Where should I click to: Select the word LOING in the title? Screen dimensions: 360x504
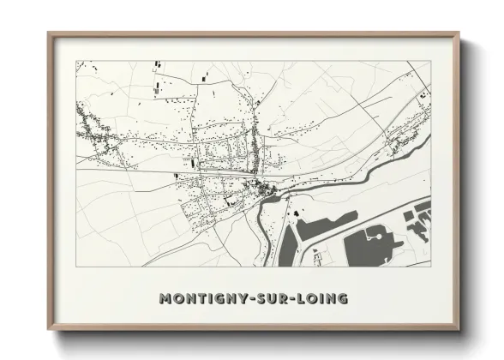coord(325,298)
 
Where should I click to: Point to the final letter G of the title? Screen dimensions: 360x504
coord(344,298)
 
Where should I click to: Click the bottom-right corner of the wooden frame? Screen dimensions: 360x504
coord(459,329)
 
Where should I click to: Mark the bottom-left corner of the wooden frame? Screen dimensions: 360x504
coord(49,329)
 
